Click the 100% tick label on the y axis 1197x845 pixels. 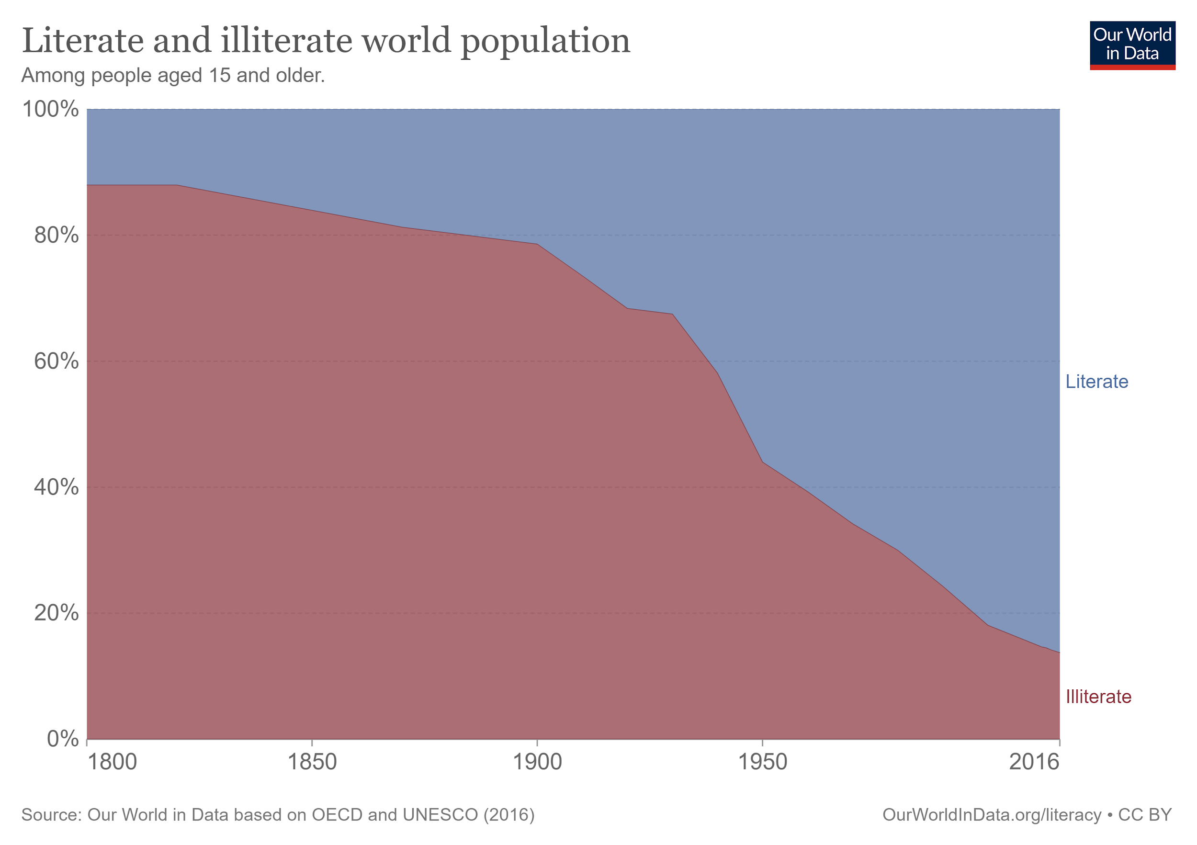pos(51,110)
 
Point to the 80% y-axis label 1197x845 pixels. pos(56,236)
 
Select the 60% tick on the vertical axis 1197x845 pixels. pos(56,361)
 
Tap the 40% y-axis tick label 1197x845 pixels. pos(56,487)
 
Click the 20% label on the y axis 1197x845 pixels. pos(56,613)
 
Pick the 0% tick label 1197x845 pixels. pos(63,739)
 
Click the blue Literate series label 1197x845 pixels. pos(1096,382)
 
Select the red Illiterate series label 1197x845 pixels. pos(1098,697)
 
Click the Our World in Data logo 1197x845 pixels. pos(1132,45)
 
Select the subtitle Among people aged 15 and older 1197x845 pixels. pos(173,76)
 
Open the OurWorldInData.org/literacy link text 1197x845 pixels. pos(992,815)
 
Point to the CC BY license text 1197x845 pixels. pos(1145,815)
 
